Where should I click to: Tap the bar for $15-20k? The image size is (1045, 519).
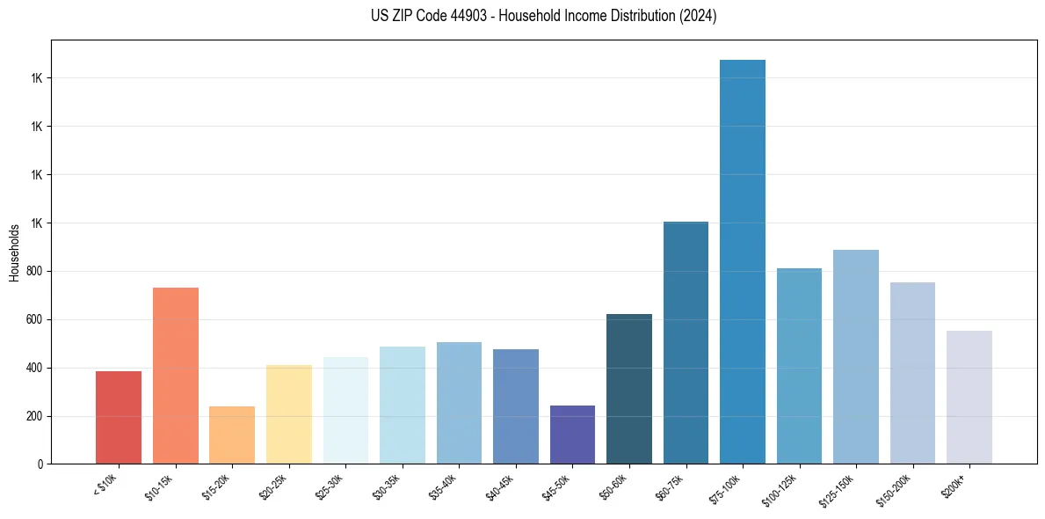232,435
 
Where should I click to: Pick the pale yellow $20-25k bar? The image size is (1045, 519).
289,414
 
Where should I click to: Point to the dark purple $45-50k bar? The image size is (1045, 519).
572,435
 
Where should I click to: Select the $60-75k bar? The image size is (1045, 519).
686,343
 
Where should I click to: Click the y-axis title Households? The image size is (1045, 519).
15,252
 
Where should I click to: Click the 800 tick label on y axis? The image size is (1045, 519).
33,272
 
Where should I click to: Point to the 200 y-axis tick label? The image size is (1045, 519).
33,416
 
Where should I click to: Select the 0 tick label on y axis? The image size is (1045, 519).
40,464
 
